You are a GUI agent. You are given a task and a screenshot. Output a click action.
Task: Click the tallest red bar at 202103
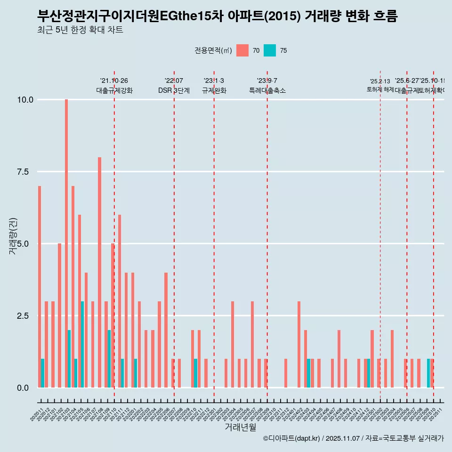(x=66, y=243)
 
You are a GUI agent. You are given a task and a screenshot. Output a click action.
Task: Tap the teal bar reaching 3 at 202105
(x=82, y=345)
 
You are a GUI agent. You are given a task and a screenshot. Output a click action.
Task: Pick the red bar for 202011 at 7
(x=40, y=287)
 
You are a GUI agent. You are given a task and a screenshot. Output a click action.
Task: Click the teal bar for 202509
(x=428, y=373)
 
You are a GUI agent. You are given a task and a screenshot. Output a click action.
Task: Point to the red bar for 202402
(x=299, y=345)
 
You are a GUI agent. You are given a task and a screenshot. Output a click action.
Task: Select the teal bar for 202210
(x=195, y=373)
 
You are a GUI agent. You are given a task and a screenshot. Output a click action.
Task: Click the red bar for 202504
(x=392, y=359)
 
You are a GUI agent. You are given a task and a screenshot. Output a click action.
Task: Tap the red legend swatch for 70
(x=242, y=50)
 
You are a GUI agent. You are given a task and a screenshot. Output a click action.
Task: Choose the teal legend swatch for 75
(x=270, y=50)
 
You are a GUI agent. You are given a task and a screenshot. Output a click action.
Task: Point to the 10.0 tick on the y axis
(x=25, y=100)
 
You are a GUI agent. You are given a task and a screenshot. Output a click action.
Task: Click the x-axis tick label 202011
(x=36, y=415)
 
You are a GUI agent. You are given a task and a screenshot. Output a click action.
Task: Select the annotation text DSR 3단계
(x=174, y=90)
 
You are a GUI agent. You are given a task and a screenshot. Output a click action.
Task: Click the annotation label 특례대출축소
(x=267, y=90)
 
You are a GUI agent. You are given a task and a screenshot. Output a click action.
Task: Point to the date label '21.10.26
(x=114, y=81)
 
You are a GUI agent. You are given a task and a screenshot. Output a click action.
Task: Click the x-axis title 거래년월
(x=240, y=428)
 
